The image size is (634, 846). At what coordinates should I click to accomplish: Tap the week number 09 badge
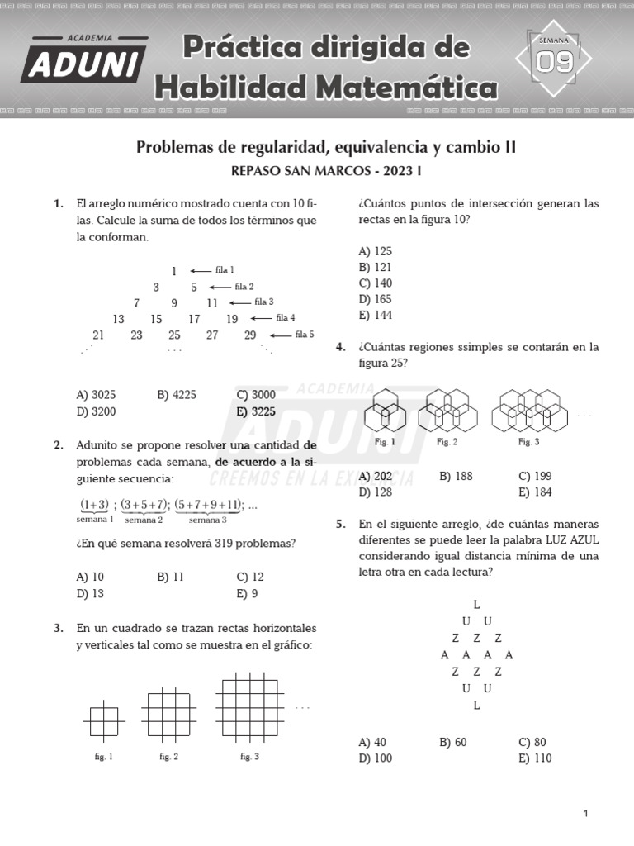[x=554, y=60]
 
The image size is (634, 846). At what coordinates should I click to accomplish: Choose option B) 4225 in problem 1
[x=176, y=395]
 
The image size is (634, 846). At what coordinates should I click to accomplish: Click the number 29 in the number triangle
[x=250, y=335]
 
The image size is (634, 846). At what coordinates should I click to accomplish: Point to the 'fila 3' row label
[x=264, y=302]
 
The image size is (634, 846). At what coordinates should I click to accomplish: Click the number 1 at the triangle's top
[x=174, y=271]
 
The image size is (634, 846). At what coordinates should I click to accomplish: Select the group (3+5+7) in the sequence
[x=144, y=505]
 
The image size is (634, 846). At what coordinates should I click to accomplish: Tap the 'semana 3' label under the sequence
[x=207, y=520]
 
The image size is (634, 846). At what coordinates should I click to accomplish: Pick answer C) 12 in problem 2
[x=250, y=577]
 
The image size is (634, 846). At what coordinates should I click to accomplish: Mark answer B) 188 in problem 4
[x=456, y=476]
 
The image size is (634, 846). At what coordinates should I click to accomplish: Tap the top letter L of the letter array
[x=477, y=604]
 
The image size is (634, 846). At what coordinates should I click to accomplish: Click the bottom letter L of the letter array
[x=477, y=706]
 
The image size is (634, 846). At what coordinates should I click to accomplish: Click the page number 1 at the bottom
[x=585, y=814]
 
